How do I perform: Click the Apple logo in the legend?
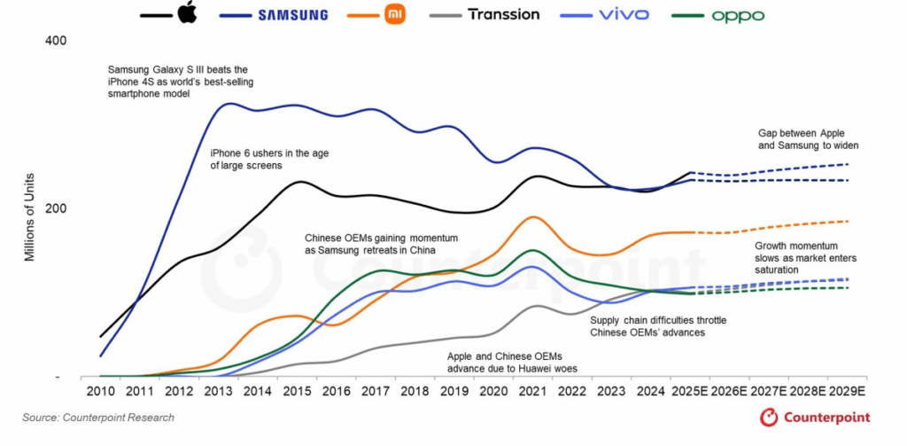click(x=186, y=13)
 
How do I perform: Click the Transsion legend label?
click(x=503, y=14)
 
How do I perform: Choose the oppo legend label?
click(x=738, y=15)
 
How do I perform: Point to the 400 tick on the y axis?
click(x=56, y=42)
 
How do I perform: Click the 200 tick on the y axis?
click(x=56, y=208)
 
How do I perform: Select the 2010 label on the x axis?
click(x=100, y=392)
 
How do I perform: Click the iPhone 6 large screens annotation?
click(x=258, y=159)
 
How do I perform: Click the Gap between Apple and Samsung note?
click(x=808, y=138)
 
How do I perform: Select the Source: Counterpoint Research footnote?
click(x=99, y=418)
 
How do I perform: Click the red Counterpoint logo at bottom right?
click(x=815, y=418)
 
